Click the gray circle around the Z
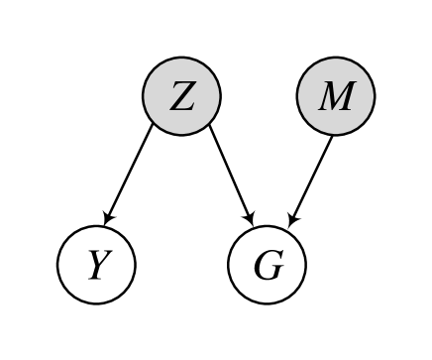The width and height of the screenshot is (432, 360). (x=159, y=79)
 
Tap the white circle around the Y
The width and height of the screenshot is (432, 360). (x=73, y=248)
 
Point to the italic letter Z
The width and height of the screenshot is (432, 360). (x=181, y=97)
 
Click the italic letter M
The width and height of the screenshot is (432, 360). (x=336, y=97)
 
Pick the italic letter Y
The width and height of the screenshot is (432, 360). (x=96, y=266)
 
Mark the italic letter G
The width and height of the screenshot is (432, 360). (x=268, y=266)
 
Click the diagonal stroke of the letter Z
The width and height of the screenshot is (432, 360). (x=182, y=97)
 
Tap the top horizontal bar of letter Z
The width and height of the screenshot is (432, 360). (x=183, y=84)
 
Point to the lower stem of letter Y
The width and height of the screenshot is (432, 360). (x=94, y=274)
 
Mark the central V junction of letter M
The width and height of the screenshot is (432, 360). (x=335, y=107)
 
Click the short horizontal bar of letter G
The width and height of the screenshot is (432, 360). (x=276, y=267)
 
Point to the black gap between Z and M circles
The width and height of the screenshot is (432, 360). (x=259, y=97)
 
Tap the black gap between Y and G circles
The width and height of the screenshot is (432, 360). (x=181, y=266)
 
